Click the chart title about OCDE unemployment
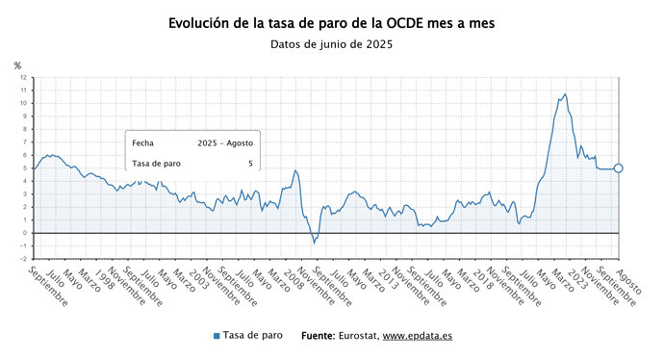(332, 22)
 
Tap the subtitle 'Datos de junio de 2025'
(332, 44)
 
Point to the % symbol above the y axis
(17, 65)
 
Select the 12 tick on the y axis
(24, 78)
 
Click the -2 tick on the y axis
(24, 259)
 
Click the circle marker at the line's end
(619, 168)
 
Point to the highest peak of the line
(565, 94)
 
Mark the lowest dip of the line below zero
(314, 243)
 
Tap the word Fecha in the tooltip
(142, 142)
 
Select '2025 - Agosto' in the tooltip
(225, 142)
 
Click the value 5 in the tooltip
(250, 164)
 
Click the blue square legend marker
(217, 336)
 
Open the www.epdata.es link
(418, 336)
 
